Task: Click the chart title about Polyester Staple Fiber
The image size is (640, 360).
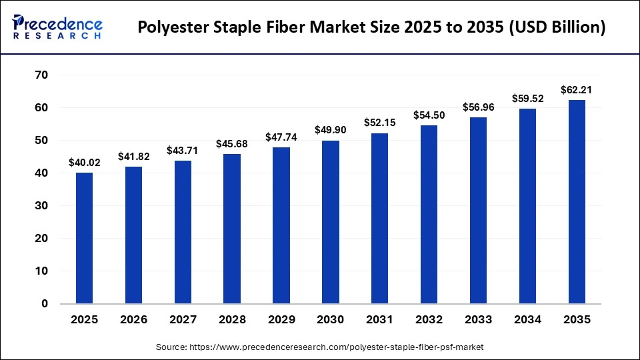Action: [372, 28]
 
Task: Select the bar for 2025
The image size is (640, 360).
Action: [85, 238]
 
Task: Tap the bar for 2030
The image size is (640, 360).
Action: [331, 222]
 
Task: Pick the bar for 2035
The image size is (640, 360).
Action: [577, 202]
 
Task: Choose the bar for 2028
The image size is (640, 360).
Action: [232, 229]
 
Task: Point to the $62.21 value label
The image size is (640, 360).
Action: [577, 89]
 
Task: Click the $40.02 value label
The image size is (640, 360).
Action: [85, 162]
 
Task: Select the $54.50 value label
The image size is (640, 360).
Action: [429, 115]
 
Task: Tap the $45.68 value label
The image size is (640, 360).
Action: [232, 143]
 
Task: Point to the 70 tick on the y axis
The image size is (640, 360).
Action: [41, 75]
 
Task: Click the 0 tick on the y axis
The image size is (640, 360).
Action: [45, 304]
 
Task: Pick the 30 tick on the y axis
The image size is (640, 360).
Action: [41, 206]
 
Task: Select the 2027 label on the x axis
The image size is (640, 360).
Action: [183, 320]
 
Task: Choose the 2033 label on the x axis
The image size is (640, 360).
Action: [478, 320]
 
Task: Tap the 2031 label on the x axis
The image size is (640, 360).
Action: [380, 320]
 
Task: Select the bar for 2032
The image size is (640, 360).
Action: [429, 215]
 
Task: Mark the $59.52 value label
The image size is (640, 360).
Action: [527, 98]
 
